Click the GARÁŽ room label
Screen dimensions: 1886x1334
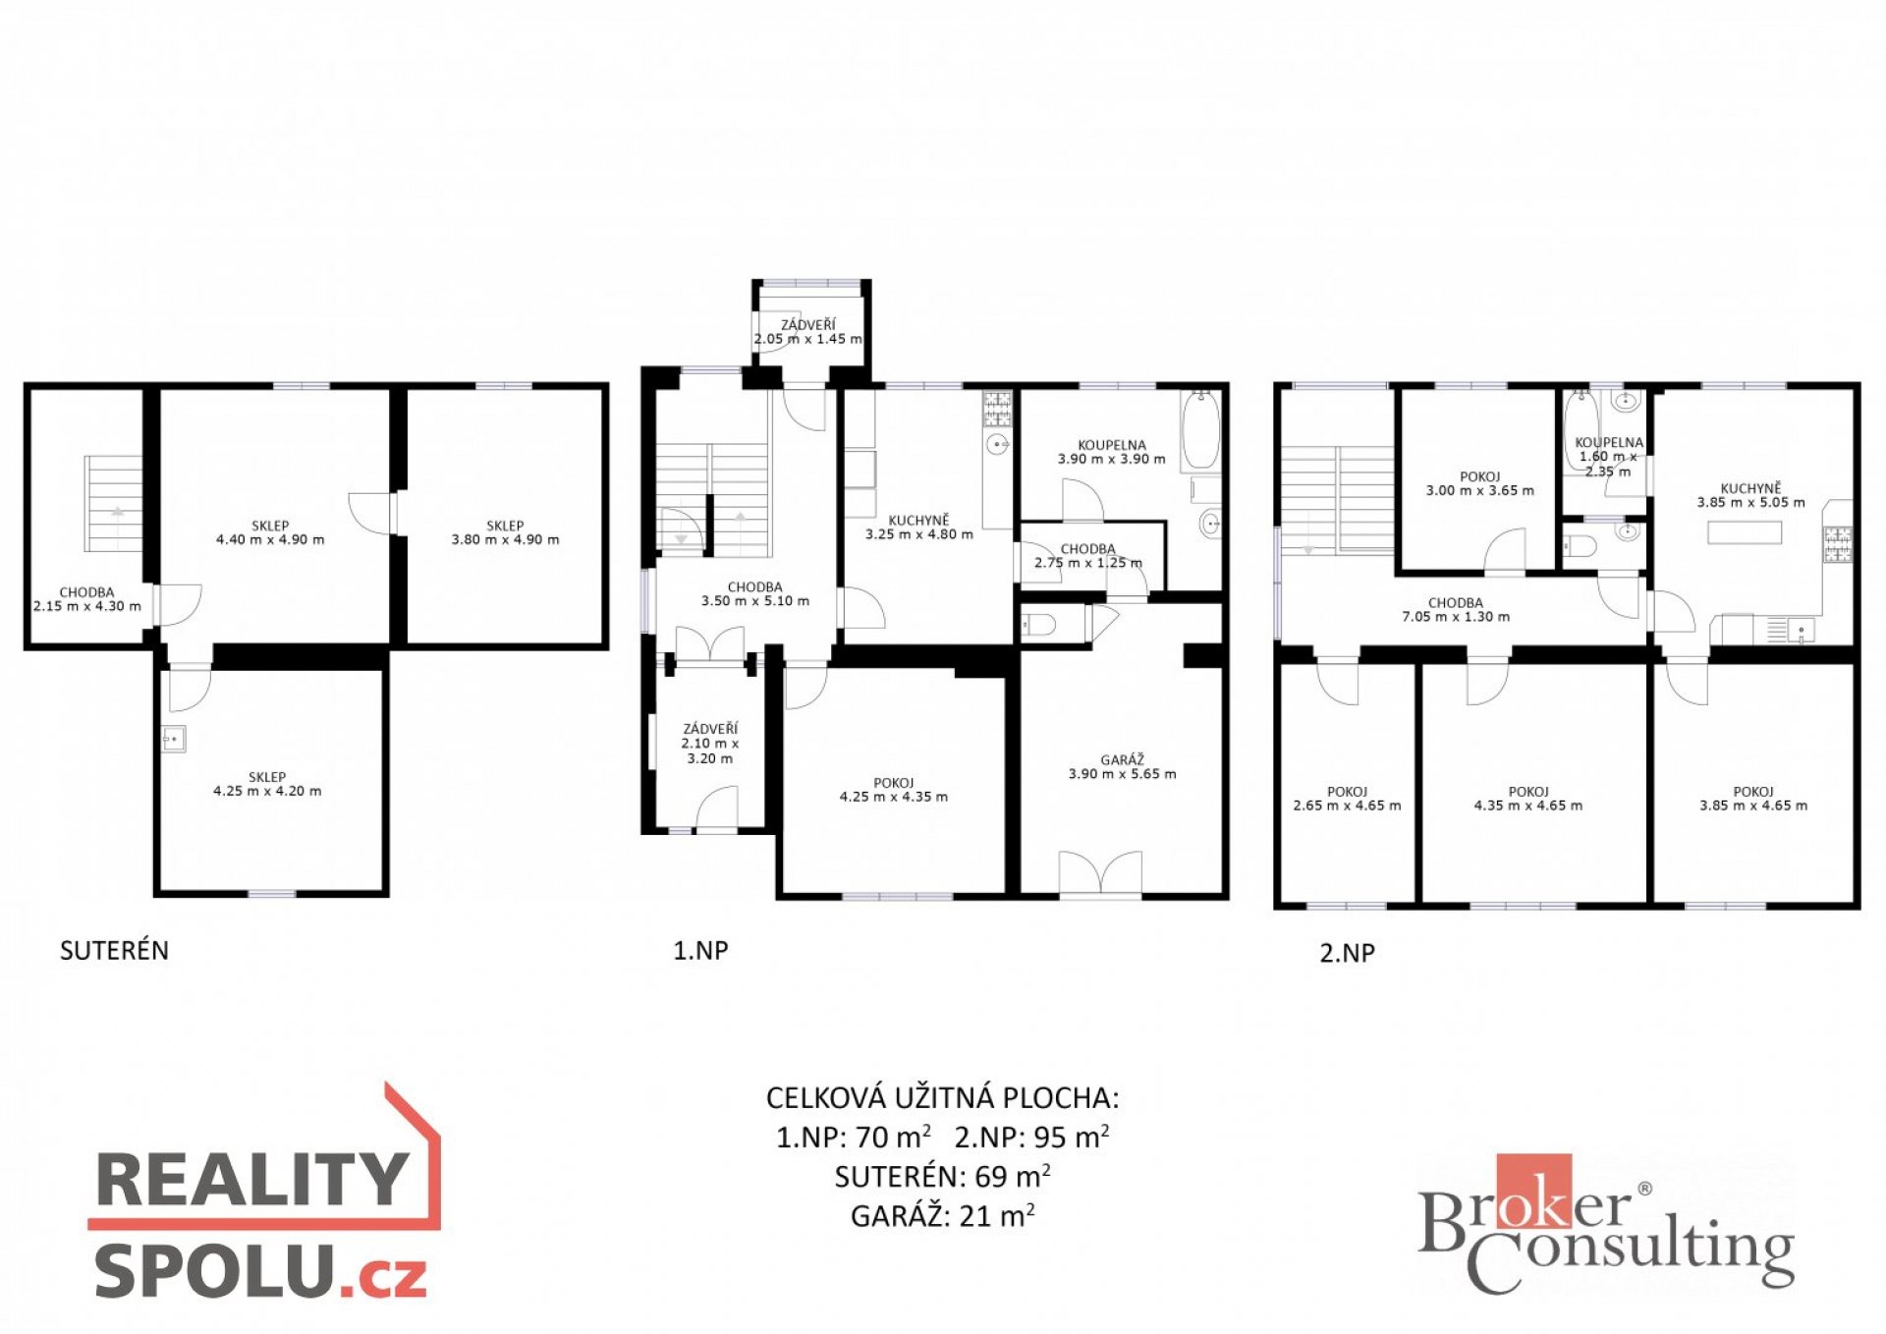tap(1122, 759)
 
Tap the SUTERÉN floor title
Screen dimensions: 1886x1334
tap(114, 950)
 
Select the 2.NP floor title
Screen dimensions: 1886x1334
tap(1347, 952)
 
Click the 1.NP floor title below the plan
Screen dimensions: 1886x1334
tap(700, 950)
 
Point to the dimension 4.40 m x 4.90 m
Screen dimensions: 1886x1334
tap(270, 539)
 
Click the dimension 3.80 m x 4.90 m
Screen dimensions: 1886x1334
tap(505, 539)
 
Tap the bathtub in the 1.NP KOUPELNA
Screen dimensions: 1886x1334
tap(1200, 429)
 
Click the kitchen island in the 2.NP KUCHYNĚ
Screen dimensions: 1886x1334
tap(1745, 531)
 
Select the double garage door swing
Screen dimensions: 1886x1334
tap(1100, 872)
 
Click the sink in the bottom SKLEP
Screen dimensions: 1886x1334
tap(173, 739)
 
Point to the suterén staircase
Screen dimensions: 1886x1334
tap(114, 516)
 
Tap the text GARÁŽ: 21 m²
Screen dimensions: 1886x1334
tap(943, 1215)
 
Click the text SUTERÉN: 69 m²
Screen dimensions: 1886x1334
tap(943, 1176)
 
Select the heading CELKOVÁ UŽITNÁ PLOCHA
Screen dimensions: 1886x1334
tap(943, 1097)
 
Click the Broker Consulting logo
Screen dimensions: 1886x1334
tap(1606, 1224)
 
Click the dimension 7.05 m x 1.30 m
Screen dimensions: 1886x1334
tap(1456, 617)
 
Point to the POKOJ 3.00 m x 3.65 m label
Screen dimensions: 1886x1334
tap(1480, 483)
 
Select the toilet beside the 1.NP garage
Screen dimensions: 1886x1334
tap(1038, 624)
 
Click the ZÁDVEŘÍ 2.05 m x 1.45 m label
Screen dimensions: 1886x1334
tap(808, 332)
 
